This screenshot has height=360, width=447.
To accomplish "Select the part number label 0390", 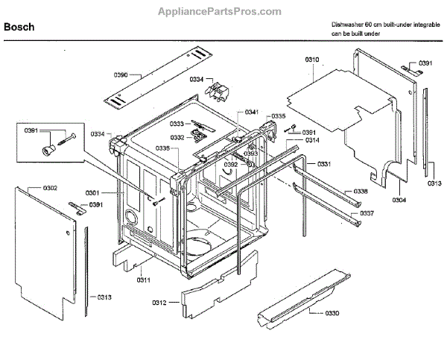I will pos(121,75).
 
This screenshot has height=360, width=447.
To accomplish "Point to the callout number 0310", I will pos(312,58).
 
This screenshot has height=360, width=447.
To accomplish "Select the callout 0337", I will pos(367,213).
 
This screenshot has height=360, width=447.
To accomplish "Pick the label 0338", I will pos(361,192).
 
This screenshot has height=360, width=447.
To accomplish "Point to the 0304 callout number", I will pos(400,200).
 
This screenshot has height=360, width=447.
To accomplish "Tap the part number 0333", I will pos(177,124).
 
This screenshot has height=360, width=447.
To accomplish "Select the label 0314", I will pos(312,140).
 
